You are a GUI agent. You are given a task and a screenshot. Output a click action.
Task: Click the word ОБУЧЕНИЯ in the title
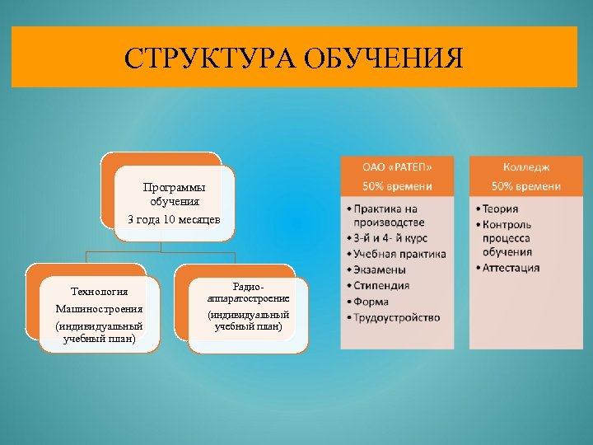pos(385,59)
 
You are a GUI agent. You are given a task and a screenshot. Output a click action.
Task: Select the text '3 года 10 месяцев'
pos(174,218)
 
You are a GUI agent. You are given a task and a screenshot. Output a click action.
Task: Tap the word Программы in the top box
pos(174,187)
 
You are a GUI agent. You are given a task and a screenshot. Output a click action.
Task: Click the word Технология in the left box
pos(99,291)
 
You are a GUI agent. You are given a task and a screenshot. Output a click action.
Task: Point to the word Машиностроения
pos(99,308)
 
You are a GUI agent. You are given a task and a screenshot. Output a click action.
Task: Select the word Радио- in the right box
pos(248,286)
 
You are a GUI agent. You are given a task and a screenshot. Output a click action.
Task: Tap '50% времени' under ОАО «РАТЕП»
pos(397,187)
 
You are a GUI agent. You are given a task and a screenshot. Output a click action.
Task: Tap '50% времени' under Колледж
pos(525,187)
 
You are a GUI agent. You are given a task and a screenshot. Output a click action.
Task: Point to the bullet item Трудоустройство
pos(398,317)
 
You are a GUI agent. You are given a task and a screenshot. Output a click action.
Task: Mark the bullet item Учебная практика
pos(400,254)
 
